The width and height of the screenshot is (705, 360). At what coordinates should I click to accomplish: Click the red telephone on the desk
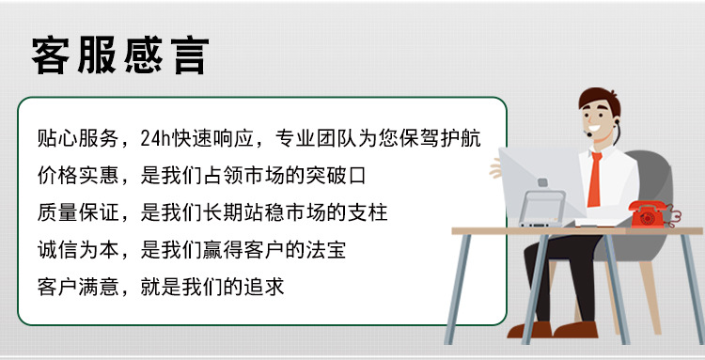click(650, 213)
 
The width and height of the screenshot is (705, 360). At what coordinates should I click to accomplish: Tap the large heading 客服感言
click(119, 55)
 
